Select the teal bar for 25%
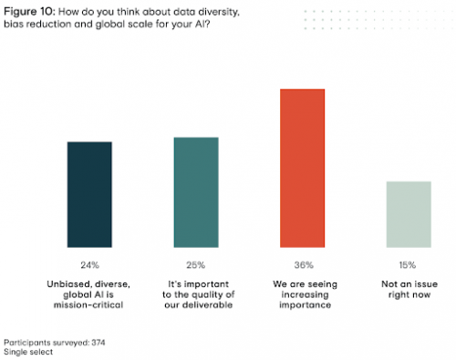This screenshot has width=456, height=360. pos(196,191)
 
